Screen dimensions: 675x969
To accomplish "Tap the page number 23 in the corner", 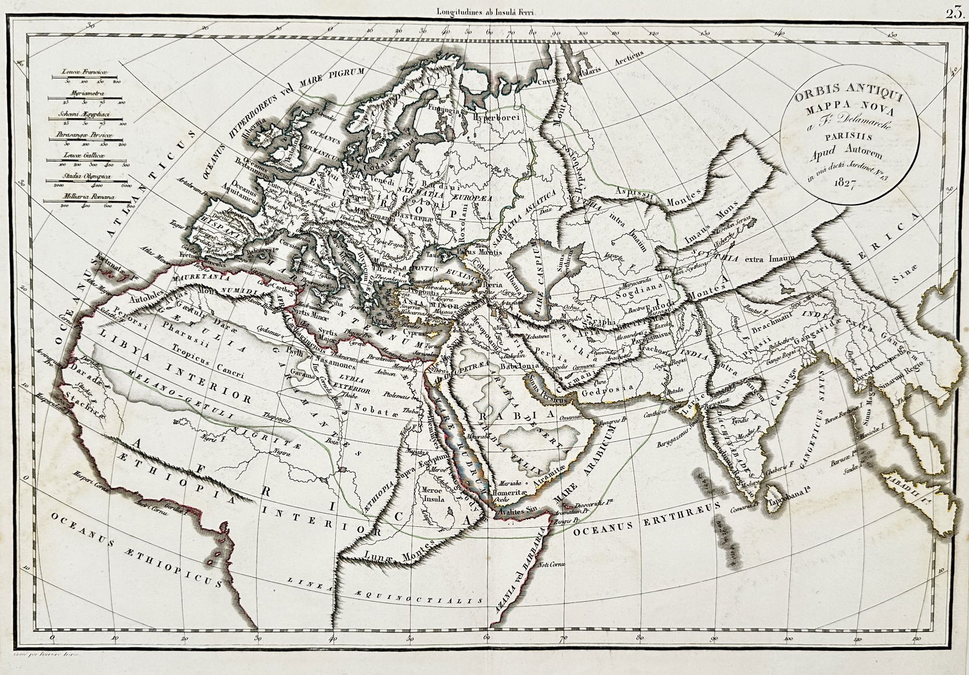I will (955, 8).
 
